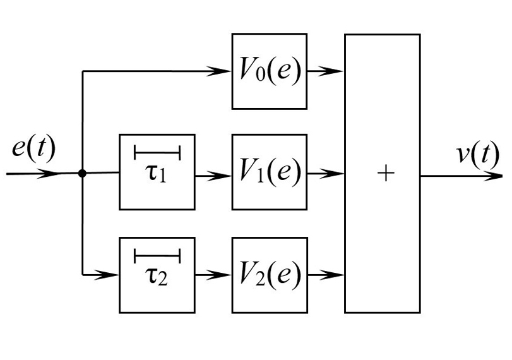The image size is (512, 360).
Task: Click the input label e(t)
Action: (33, 149)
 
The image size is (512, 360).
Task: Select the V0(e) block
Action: (270, 71)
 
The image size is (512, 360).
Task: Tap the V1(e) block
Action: (270, 172)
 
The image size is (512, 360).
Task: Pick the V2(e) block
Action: (270, 275)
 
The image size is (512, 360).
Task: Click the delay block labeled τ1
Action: (157, 172)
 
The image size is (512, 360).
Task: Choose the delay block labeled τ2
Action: (157, 275)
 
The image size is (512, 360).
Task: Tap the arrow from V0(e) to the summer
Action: (326, 71)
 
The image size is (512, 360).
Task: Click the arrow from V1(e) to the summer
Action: (326, 172)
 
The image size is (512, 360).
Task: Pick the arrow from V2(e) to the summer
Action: (326, 275)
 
